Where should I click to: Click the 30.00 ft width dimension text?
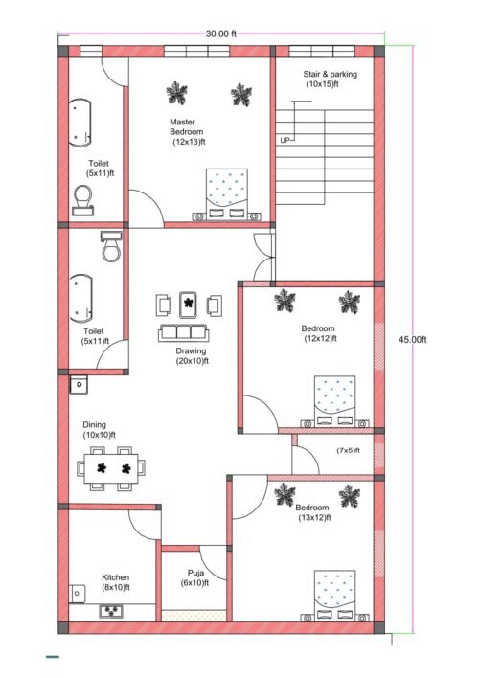pos(220,34)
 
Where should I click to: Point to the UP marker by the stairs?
pos(285,140)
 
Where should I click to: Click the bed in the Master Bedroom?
pos(227,194)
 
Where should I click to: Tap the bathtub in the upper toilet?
pos(80,124)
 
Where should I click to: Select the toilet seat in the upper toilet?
pos(82,198)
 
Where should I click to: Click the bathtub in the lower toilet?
pos(80,298)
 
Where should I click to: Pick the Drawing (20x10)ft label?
pos(191,356)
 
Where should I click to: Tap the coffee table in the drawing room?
pos(190,304)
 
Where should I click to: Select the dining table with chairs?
pos(114,469)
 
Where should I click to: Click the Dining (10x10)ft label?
pos(98,429)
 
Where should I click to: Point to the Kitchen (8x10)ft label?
pos(115,582)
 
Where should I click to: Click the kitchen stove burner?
pos(114,610)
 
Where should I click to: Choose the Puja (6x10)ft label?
pos(194,578)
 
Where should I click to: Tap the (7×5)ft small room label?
pos(348,449)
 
